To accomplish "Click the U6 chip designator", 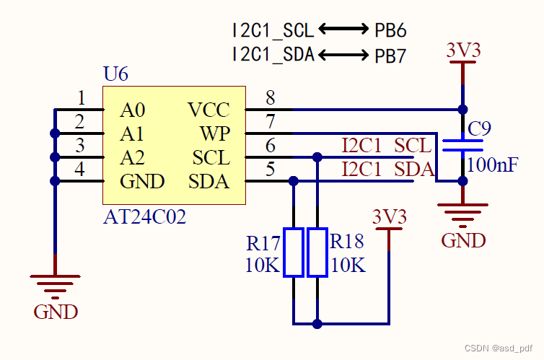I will [x=116, y=74].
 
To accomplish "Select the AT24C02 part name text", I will [x=145, y=216].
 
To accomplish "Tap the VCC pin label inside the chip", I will [x=209, y=110].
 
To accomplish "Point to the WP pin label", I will [x=215, y=133].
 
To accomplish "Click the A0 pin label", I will [x=132, y=110].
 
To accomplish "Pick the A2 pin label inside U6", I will [x=132, y=157].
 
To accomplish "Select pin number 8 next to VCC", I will [x=271, y=97].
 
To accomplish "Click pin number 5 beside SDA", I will [x=271, y=170].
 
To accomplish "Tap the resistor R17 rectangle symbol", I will [x=294, y=253].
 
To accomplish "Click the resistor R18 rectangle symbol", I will [x=317, y=253].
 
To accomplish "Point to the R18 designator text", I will [x=347, y=241].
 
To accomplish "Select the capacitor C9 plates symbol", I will [x=462, y=146].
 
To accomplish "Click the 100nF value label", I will [x=492, y=164].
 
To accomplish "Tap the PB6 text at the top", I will [x=390, y=30].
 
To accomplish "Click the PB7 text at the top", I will [x=390, y=56].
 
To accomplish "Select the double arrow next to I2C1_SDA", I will [x=344, y=55].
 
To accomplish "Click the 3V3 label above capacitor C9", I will [x=462, y=51].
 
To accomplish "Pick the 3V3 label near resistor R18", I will [x=390, y=216].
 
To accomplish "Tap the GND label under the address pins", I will [x=56, y=312].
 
